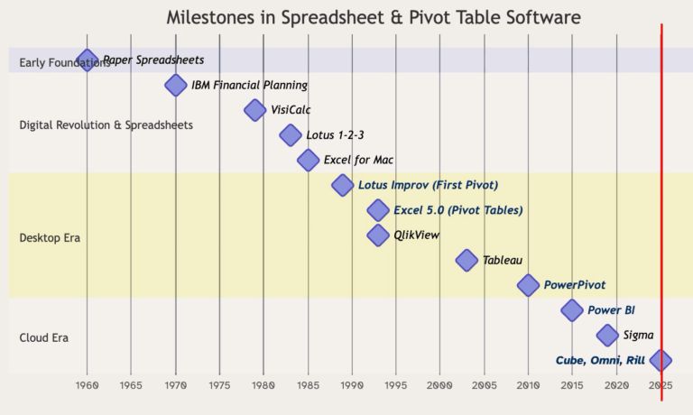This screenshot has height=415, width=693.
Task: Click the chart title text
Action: point(374,18)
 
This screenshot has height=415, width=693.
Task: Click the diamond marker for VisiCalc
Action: point(256,110)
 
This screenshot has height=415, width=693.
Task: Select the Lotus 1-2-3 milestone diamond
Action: point(291,135)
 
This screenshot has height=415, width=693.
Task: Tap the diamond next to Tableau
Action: point(467,260)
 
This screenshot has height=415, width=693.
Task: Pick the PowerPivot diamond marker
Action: point(529,285)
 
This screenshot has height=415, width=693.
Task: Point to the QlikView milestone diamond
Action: point(378,235)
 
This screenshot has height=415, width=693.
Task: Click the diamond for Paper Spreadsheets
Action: point(87,60)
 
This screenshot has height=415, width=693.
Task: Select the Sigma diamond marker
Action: point(608,335)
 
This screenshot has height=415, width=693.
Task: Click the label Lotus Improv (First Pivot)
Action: point(428,185)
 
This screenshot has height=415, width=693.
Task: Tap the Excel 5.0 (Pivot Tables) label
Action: point(457,210)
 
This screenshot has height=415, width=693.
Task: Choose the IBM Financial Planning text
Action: point(249,86)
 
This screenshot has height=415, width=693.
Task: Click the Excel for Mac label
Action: point(358,161)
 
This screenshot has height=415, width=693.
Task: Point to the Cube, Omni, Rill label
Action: point(600,360)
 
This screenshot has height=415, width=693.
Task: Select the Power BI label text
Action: point(611,310)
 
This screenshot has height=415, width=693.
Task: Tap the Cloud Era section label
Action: point(44,338)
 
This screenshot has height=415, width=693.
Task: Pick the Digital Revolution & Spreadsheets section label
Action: point(106,125)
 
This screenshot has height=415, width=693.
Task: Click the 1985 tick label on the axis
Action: point(308,386)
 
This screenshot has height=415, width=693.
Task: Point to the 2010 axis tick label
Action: point(529,386)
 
